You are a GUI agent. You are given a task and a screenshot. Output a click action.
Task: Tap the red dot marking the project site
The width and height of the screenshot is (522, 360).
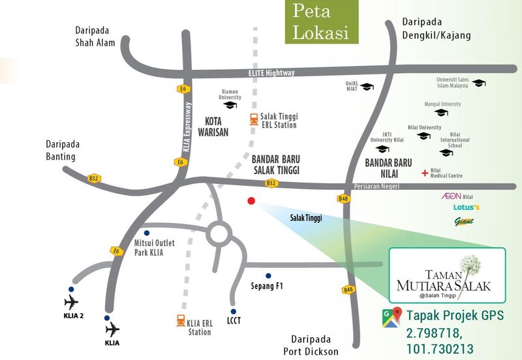(251, 201)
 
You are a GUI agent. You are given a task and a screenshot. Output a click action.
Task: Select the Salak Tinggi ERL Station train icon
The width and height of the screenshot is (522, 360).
(253, 120)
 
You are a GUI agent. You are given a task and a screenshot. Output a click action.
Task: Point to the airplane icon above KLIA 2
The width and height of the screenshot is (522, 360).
(71, 302)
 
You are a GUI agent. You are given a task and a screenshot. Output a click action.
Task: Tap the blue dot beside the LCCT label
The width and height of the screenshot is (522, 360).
(233, 311)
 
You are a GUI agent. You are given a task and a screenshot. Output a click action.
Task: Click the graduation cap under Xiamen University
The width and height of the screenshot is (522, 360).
(230, 105)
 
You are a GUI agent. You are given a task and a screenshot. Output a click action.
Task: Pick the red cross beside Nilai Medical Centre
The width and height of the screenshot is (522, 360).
(425, 173)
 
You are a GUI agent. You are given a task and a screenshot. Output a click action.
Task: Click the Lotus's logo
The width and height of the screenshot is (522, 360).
(466, 208)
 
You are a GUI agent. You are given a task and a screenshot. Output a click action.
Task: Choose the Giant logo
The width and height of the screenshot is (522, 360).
(464, 221)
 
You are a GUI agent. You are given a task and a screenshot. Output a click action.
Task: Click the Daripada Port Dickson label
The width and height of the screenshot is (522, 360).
(312, 346)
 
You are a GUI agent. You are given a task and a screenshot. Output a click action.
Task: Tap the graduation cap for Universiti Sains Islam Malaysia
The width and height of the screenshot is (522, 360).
(480, 83)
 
